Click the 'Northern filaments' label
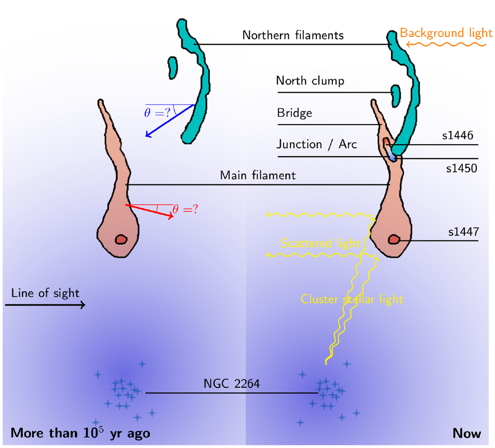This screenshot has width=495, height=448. point(293,35)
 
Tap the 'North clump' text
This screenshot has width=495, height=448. point(310,81)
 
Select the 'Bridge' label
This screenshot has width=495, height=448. point(295,113)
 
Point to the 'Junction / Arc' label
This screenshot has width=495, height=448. point(316,145)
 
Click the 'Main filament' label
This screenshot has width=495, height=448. point(258,175)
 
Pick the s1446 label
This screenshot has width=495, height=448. point(457,135)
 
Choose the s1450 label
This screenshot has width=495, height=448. point(462,169)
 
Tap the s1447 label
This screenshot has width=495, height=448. point(463,232)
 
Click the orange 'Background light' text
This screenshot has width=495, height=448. point(446,33)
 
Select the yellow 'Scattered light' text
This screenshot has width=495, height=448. point(321,244)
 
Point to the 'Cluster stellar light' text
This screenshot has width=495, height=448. point(352,299)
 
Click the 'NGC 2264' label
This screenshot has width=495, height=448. point(232,384)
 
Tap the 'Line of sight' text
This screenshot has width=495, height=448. point(45,293)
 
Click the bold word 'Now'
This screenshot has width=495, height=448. point(467,433)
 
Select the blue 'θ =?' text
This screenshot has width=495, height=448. point(157,113)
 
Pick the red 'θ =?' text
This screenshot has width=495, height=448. point(185,209)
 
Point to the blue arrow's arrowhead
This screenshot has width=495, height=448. point(148,134)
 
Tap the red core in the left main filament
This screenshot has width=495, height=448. point(121,239)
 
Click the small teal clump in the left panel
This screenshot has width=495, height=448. point(172,68)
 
